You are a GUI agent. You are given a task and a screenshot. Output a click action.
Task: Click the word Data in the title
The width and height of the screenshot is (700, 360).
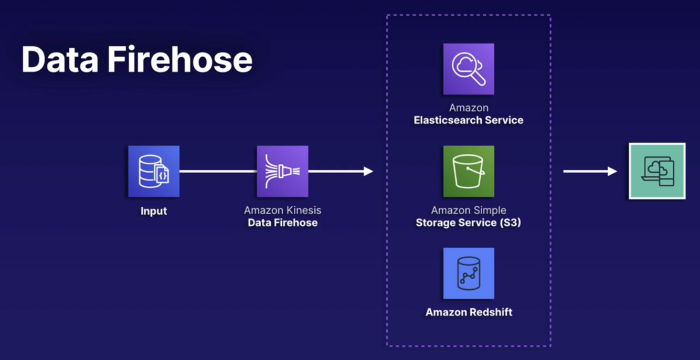pos(59,59)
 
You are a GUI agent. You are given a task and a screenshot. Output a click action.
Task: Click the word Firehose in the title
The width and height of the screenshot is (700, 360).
pos(180,59)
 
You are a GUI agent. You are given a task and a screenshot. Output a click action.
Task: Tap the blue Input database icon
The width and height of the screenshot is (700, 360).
pos(154,172)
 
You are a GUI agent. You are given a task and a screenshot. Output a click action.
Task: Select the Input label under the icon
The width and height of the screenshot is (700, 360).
pos(154,211)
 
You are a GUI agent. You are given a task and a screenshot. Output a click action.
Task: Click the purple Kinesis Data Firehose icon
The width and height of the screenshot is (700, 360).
pos(282,172)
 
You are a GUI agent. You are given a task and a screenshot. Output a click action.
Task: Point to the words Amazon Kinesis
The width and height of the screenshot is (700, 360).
pos(282,210)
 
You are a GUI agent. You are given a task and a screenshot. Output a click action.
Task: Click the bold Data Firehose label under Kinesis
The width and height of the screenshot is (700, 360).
pos(282,223)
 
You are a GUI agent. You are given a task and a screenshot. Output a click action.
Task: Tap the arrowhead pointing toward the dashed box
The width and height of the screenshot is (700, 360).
pos(368,171)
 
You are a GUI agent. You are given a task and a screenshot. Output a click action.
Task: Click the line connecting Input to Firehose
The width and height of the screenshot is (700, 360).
pos(218,171)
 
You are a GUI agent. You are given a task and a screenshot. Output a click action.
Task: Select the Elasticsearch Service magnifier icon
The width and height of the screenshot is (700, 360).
pos(469,69)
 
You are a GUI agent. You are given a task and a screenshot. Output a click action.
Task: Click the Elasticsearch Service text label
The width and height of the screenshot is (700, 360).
pos(469,120)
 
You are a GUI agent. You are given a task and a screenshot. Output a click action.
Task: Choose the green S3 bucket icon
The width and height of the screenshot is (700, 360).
pos(469,172)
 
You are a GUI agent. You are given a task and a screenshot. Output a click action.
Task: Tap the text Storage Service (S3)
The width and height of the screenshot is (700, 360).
pos(469,223)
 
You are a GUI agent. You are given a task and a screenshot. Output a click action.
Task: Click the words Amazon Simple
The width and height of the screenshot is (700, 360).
pos(469,210)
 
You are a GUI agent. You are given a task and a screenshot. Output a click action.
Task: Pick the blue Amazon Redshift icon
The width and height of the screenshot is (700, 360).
pos(469,273)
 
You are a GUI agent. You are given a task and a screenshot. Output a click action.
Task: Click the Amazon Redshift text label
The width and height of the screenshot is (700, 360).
pos(469,312)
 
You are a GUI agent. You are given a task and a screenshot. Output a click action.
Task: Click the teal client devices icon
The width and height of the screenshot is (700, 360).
pos(657,171)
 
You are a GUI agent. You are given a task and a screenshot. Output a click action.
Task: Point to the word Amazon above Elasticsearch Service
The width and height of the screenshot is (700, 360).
pos(469,108)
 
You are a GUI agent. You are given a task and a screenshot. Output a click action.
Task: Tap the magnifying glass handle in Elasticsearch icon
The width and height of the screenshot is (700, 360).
pos(479,80)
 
